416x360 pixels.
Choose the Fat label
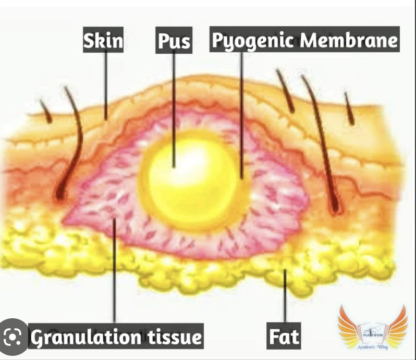[284, 337]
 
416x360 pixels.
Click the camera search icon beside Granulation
[14, 337]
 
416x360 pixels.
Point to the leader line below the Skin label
[106, 83]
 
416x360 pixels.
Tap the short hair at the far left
[46, 111]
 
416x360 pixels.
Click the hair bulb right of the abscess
[335, 209]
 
